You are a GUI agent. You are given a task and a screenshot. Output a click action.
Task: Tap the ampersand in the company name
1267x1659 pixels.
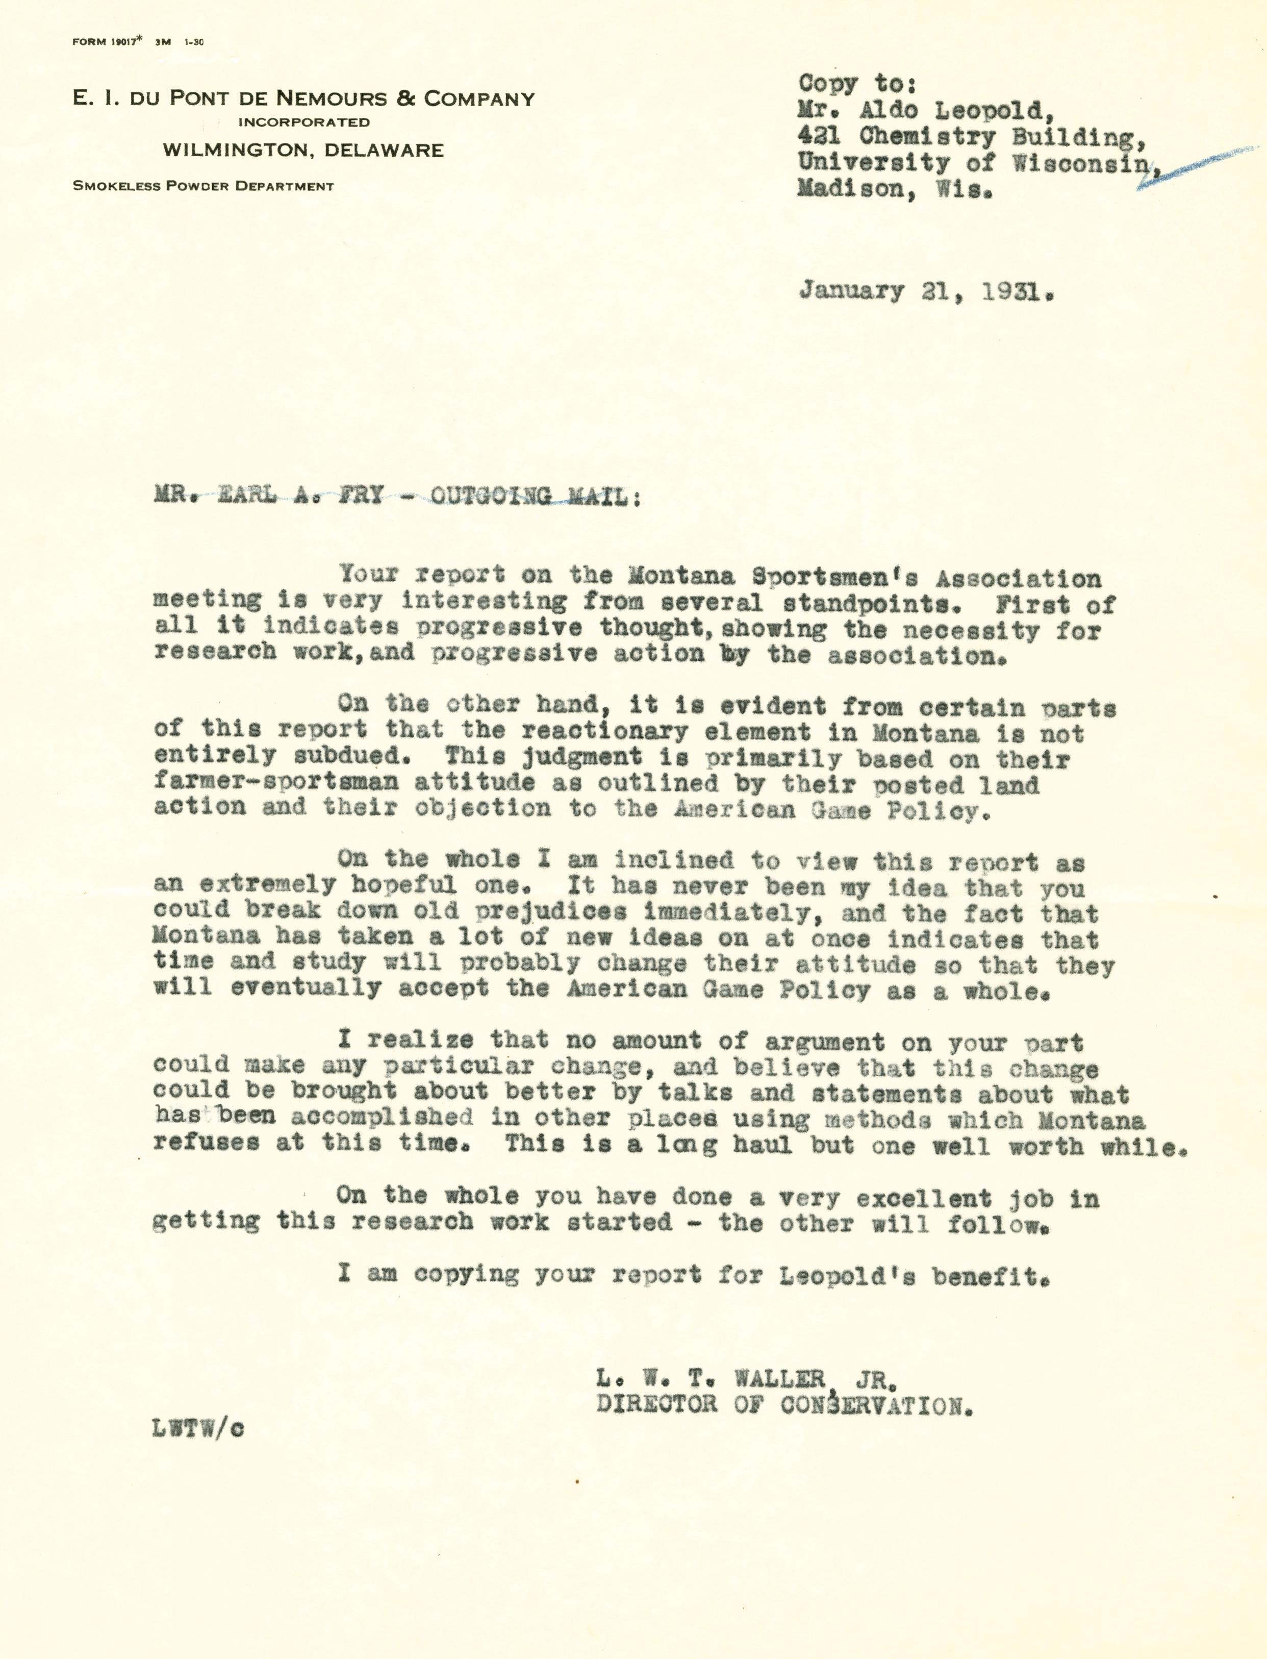406,99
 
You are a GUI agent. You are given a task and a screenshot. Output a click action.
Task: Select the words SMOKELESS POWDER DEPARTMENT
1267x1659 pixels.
203,186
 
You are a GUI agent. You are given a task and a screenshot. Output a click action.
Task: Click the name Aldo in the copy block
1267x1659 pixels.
888,111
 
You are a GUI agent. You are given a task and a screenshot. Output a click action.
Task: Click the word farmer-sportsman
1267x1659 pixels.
276,782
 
